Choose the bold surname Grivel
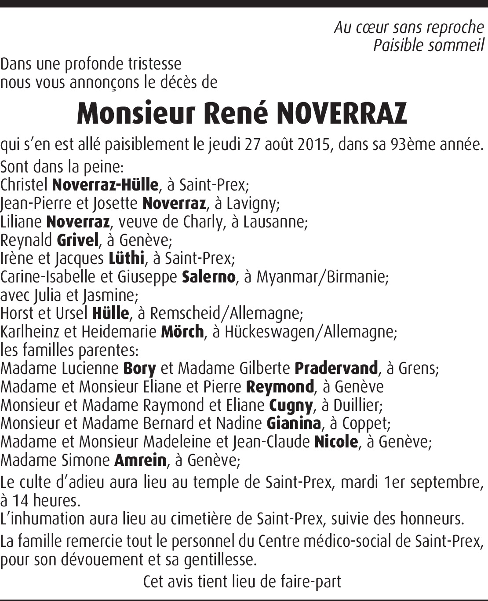[x=78, y=240]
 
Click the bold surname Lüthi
[x=127, y=258]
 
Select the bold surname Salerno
[x=208, y=277]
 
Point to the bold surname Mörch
[x=182, y=332]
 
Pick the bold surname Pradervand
[x=336, y=368]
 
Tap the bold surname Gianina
[x=294, y=423]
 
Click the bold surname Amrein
[x=140, y=460]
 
